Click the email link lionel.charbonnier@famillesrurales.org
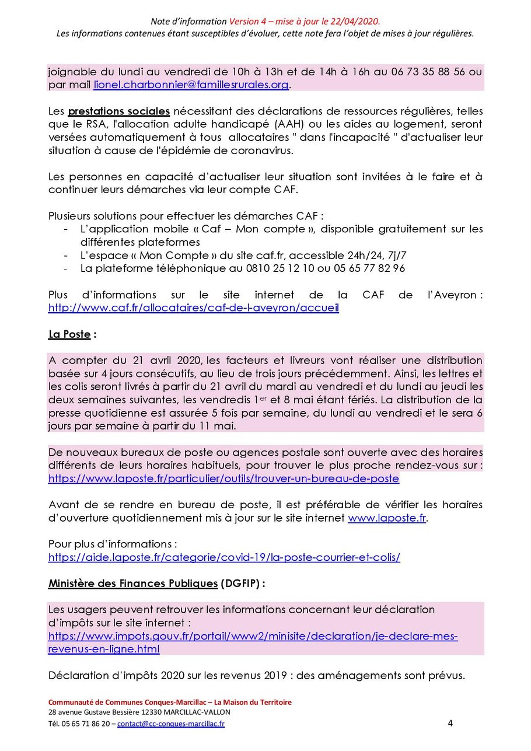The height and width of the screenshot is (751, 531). pos(191,85)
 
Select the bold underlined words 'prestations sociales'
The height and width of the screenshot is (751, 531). pos(119,111)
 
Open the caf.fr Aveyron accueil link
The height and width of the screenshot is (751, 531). pos(193,308)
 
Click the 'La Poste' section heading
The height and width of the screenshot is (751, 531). pos(69,334)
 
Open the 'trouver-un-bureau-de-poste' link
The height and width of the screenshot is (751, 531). pos(223,478)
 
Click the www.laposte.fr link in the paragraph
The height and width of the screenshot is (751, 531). pos(387,518)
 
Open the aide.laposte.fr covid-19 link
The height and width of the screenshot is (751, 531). pos(224,557)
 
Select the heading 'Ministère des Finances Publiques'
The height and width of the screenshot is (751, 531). pos(132,583)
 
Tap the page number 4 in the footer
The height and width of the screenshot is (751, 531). pos(450,724)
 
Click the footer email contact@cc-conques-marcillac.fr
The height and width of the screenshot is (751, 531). pos(170,724)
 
